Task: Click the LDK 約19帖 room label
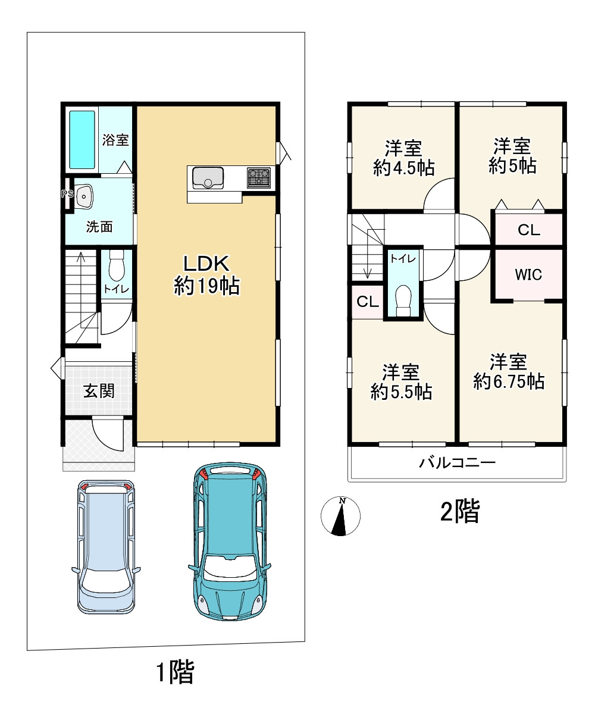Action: pos(206,275)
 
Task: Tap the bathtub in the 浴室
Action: pos(82,140)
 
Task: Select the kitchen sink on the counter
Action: pos(208,177)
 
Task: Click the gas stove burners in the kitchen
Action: pos(259,177)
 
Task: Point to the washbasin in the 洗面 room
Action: pos(83,197)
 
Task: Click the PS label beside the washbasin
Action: pos(67,194)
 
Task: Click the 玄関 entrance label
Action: pos(99,391)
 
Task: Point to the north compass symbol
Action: pos(340,516)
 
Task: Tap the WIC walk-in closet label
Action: pos(528,275)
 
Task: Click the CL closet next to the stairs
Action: pos(367,302)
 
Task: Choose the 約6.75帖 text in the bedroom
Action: pos(509,381)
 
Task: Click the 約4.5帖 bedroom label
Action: pos(404,168)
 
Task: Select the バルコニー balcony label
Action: pos(458,462)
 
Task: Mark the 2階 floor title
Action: pos(460,511)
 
